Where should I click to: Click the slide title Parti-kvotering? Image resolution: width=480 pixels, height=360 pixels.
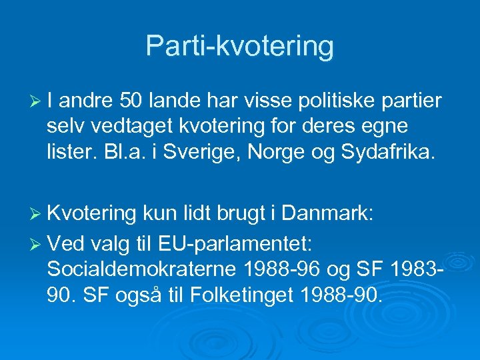point(239,46)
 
